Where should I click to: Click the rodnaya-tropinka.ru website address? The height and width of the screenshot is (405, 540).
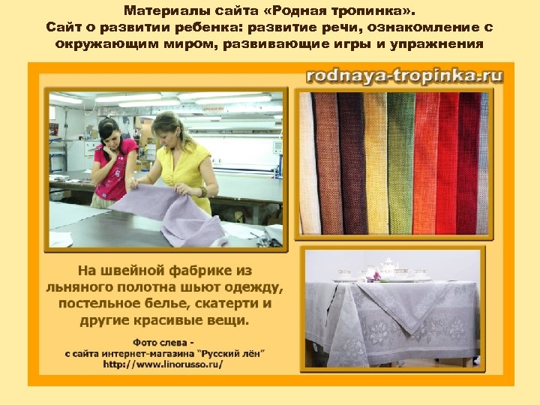click(404, 75)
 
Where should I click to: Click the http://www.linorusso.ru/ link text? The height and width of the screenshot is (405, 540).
click(163, 364)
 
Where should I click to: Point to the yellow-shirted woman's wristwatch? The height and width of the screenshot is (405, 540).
click(203, 191)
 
